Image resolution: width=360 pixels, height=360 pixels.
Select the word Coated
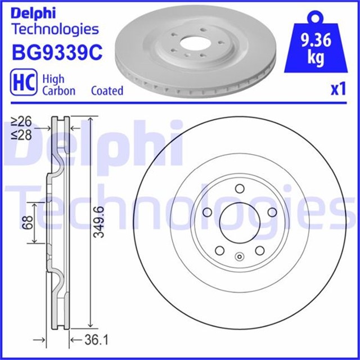click(x=107, y=91)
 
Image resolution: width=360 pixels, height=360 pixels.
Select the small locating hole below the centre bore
click(x=238, y=258)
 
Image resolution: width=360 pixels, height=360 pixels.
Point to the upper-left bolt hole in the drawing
click(x=206, y=212)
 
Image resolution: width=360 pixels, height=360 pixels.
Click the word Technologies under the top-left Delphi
click(x=55, y=29)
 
